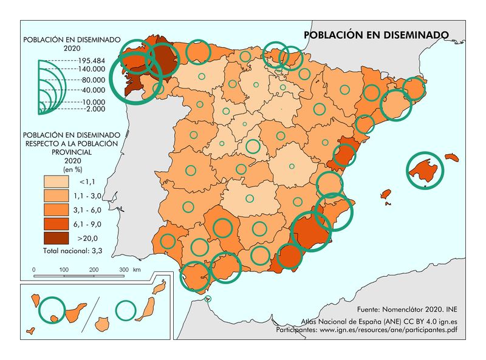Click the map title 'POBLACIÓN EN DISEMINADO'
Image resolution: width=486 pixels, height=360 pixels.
click(x=376, y=35)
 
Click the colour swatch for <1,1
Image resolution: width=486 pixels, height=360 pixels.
click(x=56, y=182)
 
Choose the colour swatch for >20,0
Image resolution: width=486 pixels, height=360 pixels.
click(x=56, y=237)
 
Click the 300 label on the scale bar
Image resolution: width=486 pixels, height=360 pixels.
click(x=123, y=269)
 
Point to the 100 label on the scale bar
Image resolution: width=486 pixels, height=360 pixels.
click(x=63, y=269)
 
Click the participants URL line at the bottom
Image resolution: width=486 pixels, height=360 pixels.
click(x=366, y=330)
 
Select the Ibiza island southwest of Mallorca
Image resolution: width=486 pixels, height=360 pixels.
click(x=385, y=194)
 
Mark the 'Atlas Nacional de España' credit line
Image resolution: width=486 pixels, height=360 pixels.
click(x=378, y=322)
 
